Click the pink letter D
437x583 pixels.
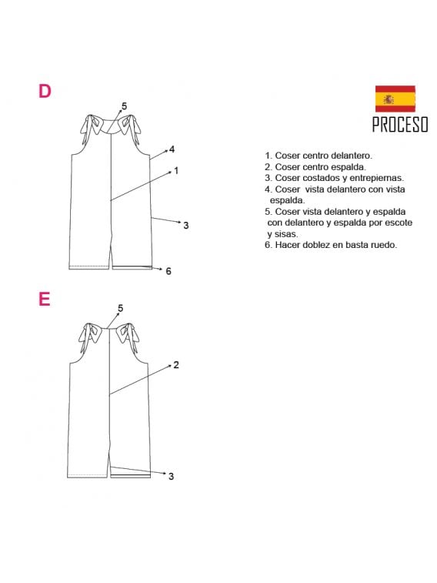click(45, 91)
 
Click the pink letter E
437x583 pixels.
click(44, 299)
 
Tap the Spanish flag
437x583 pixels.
click(395, 99)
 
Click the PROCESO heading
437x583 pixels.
click(399, 125)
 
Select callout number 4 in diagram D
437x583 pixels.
click(172, 149)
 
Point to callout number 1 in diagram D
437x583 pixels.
click(176, 170)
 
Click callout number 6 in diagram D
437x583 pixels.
click(168, 271)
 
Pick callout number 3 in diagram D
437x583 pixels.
click(186, 225)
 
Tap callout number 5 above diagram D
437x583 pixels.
click(124, 106)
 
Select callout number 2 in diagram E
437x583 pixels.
click(176, 364)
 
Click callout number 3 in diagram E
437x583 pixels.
click(171, 476)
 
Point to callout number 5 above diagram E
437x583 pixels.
click(120, 308)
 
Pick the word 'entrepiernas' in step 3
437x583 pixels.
click(377, 177)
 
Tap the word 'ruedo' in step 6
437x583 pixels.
click(383, 245)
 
